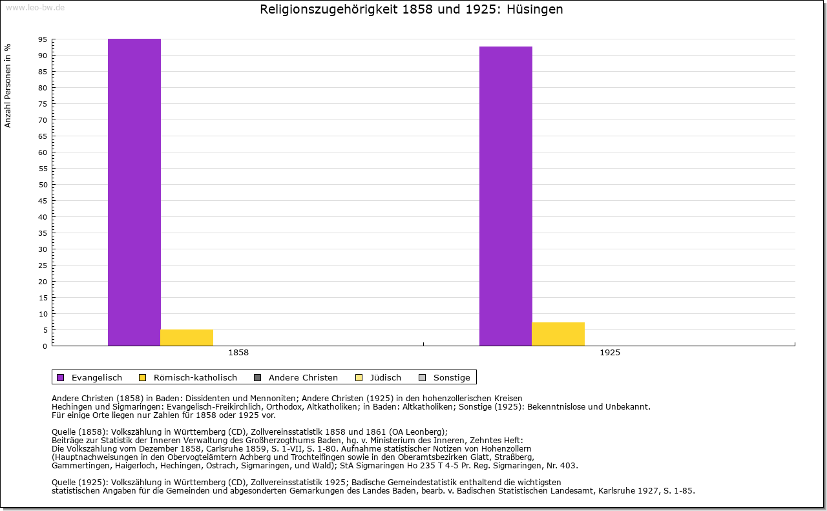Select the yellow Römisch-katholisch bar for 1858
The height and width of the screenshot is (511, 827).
click(187, 337)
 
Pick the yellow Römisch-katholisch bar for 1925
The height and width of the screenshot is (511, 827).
click(558, 334)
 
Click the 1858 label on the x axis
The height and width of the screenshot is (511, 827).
click(238, 353)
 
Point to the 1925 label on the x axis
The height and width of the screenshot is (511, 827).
click(610, 353)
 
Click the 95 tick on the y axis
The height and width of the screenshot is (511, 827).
click(43, 39)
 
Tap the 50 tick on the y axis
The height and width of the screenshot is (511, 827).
click(43, 185)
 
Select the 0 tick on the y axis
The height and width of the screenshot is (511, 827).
click(45, 346)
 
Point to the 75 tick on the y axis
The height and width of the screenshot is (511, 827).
click(43, 104)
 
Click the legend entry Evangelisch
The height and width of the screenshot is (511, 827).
click(96, 377)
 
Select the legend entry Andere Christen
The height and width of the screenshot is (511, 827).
click(303, 377)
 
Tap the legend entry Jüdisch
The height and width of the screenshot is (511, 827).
click(384, 377)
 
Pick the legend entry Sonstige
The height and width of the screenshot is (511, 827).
click(452, 377)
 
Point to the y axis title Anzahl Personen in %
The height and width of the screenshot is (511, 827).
click(8, 85)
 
